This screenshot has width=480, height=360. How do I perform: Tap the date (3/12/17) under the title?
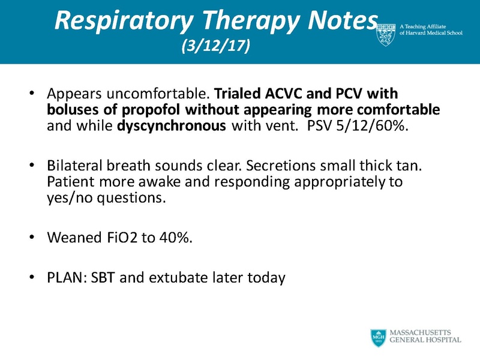point(215,47)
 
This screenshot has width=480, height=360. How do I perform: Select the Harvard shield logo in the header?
point(386,35)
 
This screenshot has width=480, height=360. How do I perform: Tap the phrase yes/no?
point(67,197)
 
